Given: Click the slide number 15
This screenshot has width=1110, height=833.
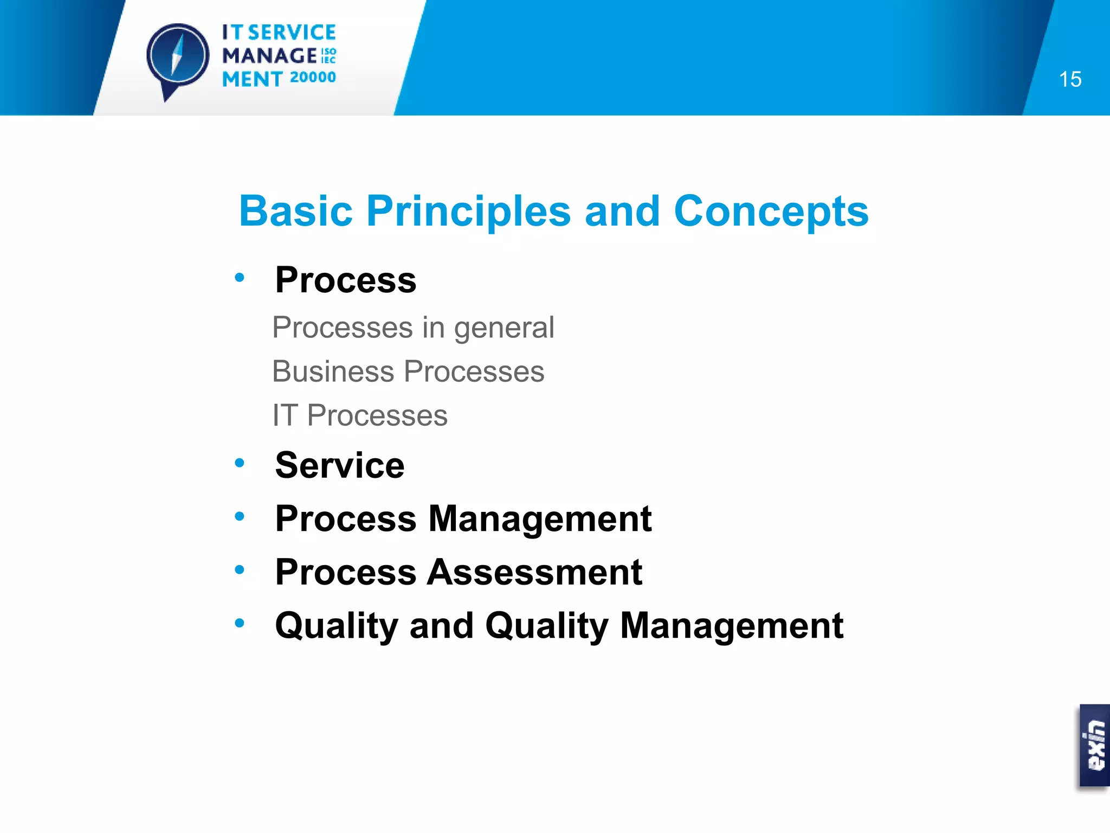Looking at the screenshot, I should click(x=1070, y=80).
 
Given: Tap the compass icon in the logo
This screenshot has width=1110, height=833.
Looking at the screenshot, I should click(x=177, y=57).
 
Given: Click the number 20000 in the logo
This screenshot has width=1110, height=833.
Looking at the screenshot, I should click(x=313, y=78).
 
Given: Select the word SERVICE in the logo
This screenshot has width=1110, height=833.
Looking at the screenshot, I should click(x=292, y=33).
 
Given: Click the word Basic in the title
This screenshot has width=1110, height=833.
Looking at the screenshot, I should click(x=296, y=211).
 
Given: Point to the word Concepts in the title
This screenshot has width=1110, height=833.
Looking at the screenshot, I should click(x=771, y=211).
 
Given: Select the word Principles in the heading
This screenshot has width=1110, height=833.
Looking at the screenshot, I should click(x=468, y=211).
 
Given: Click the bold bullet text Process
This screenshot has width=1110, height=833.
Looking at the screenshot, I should click(x=346, y=280).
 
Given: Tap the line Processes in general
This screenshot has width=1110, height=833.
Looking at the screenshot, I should click(x=413, y=328).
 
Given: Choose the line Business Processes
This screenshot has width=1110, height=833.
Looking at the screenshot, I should click(x=408, y=371).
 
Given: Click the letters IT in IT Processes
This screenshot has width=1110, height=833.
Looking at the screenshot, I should click(x=285, y=415).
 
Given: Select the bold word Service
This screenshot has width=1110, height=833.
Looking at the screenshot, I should click(x=340, y=465).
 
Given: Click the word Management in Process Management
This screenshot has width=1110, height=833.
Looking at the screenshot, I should click(x=540, y=519).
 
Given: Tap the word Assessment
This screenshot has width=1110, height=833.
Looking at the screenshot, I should click(x=534, y=572).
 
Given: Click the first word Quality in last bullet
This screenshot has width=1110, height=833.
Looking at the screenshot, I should click(x=337, y=626).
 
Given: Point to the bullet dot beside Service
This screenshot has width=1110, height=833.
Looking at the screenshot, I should click(x=240, y=463).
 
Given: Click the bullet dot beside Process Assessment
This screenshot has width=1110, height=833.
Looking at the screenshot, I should click(x=240, y=570).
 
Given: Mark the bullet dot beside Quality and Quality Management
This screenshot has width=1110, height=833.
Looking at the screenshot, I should click(x=240, y=624).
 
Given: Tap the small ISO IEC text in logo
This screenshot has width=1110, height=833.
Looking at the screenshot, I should click(x=328, y=55).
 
